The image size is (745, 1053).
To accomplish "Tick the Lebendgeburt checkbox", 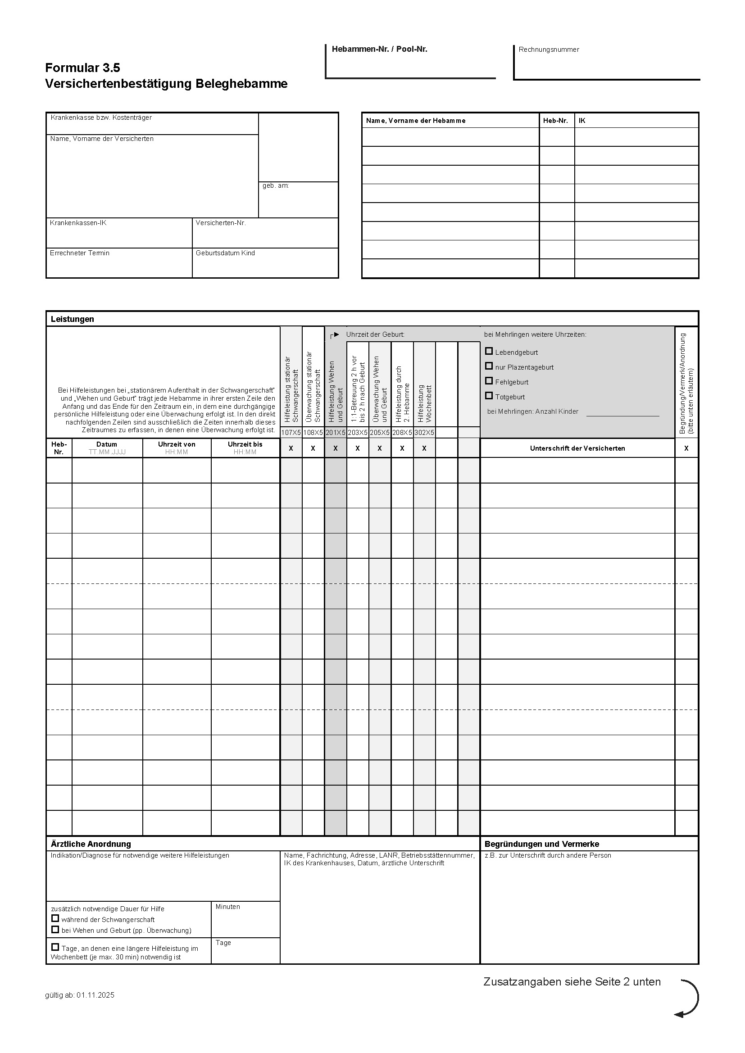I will [489, 351].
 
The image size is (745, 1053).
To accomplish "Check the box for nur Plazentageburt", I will [489, 366].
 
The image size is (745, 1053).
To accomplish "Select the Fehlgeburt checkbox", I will [489, 381].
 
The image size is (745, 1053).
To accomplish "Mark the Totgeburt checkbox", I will [489, 396].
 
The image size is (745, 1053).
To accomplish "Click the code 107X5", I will [291, 433].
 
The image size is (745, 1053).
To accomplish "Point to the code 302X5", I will [424, 433].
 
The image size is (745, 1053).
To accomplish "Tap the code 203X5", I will [357, 433].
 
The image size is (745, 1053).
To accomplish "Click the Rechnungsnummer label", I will [549, 50].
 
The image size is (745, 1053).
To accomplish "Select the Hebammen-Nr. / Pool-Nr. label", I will [379, 49].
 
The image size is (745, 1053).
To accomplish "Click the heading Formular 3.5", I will [82, 68].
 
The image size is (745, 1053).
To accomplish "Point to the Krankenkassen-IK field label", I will [78, 223].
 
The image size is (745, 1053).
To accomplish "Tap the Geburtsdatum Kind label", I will [225, 253].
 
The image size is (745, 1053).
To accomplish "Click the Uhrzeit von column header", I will [177, 444].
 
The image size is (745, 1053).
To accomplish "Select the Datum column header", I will [107, 444].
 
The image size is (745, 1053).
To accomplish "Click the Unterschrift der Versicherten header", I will [577, 448].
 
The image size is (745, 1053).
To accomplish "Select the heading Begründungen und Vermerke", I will [542, 844].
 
